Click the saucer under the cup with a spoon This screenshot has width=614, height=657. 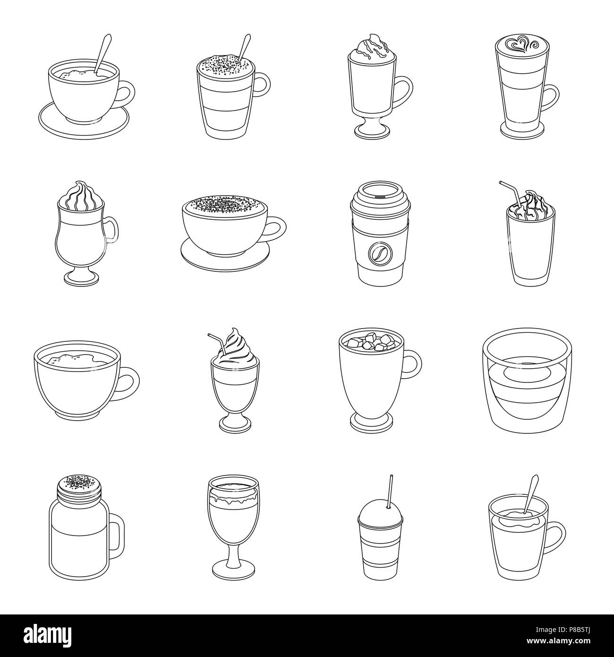coord(83,124)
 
